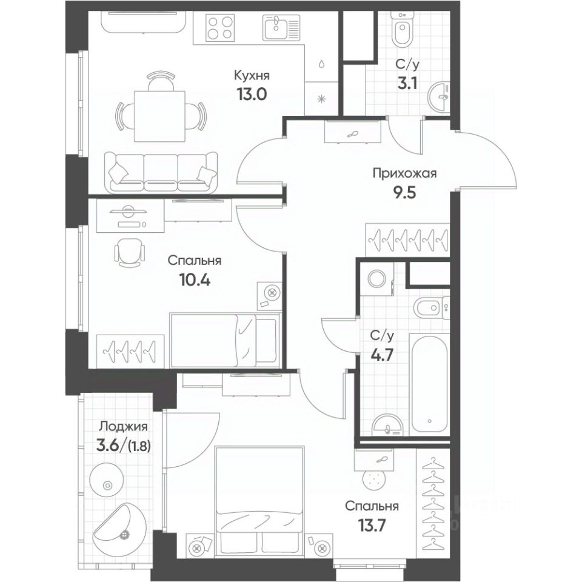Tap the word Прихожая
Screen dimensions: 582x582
(405, 174)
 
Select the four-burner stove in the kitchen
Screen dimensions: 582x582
(221, 27)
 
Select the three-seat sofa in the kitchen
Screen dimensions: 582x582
(161, 172)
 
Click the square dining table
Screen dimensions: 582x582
(159, 116)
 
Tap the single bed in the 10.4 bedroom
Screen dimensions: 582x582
(224, 340)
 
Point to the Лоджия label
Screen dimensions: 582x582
(123, 427)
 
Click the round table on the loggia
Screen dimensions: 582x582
(108, 485)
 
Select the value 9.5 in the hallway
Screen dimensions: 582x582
(404, 193)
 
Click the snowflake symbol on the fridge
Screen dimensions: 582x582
(321, 98)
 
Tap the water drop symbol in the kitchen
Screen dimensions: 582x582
(321, 64)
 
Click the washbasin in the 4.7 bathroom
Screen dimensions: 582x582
(387, 424)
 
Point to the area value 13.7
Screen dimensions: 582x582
(372, 525)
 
